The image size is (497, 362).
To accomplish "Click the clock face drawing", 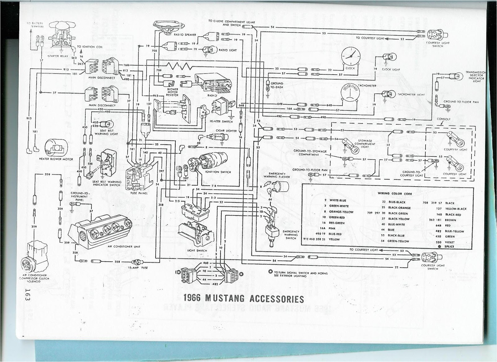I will (x=350, y=57).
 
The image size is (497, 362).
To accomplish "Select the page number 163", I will (x=27, y=294).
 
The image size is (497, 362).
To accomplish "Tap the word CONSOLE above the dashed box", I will (x=444, y=119).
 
